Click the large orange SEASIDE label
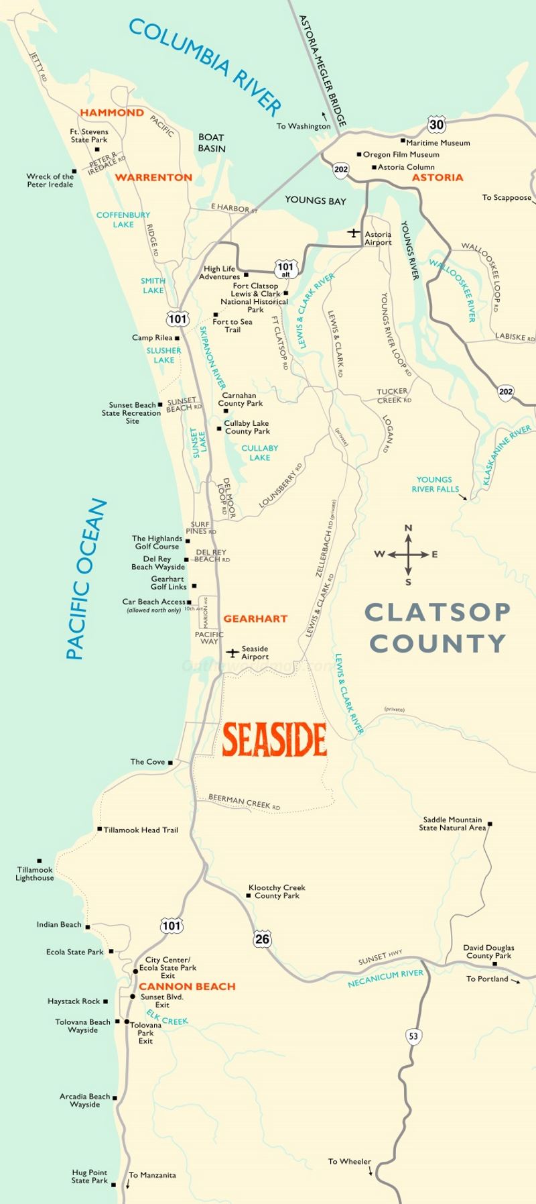(274, 739)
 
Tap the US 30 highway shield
(436, 125)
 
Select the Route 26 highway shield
(262, 939)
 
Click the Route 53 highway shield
(413, 1036)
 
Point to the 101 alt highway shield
(285, 270)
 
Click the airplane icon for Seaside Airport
(232, 653)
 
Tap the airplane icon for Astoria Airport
(353, 233)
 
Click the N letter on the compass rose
(408, 529)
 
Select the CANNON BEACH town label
(187, 987)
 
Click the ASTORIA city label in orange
(437, 178)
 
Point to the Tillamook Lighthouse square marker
(40, 861)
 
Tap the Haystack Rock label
(74, 1001)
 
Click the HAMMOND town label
(112, 113)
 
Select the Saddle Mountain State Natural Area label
(452, 824)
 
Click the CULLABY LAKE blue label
(259, 453)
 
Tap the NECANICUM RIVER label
(385, 979)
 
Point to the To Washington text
(304, 126)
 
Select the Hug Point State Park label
(90, 1176)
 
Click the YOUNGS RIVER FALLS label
(434, 484)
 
